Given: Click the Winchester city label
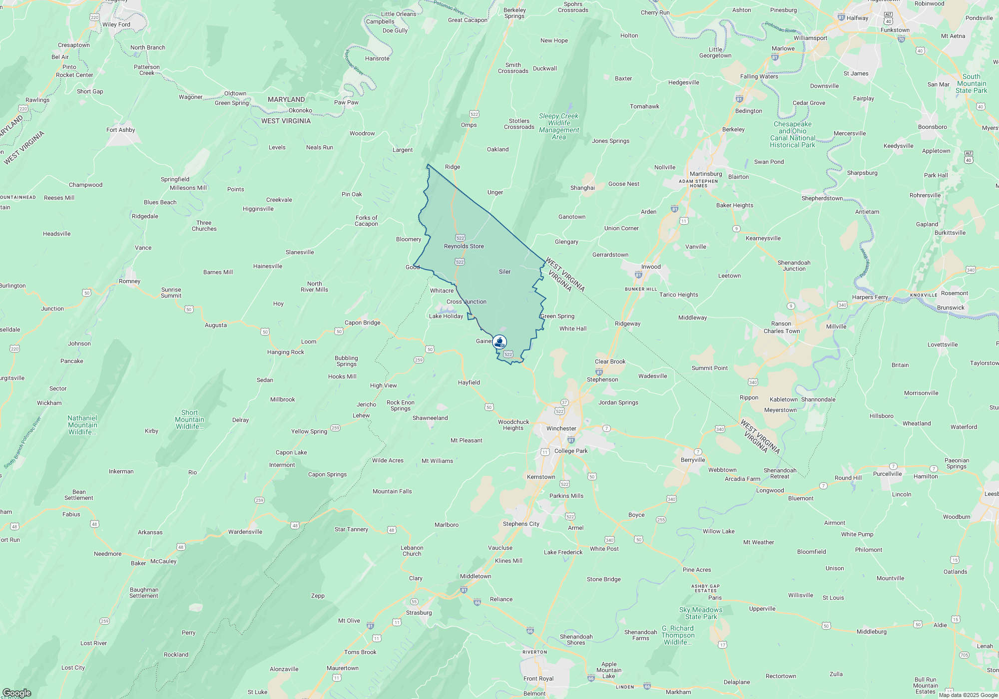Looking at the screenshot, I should click(561, 428).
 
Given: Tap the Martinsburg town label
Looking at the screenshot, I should click(705, 174).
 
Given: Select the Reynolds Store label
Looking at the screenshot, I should click(464, 246).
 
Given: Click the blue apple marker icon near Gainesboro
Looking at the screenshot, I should click(499, 342).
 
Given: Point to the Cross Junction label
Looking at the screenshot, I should click(466, 302).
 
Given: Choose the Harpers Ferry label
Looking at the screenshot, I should click(870, 297).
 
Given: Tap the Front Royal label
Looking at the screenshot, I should click(538, 679).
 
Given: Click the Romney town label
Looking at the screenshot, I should click(129, 281).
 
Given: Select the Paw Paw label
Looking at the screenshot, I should click(346, 102).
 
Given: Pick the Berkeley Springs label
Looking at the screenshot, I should click(514, 13).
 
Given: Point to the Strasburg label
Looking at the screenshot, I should click(419, 613).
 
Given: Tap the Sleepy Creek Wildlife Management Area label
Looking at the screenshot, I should click(558, 126).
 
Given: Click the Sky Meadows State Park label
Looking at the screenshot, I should click(700, 613).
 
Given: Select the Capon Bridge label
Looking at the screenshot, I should click(362, 323).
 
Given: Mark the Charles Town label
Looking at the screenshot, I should click(781, 331).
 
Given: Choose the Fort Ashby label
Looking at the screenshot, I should click(120, 130).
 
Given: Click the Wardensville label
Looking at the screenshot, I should click(245, 532).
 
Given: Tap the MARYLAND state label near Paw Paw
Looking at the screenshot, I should click(286, 99).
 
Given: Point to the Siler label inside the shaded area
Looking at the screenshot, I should click(504, 272).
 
